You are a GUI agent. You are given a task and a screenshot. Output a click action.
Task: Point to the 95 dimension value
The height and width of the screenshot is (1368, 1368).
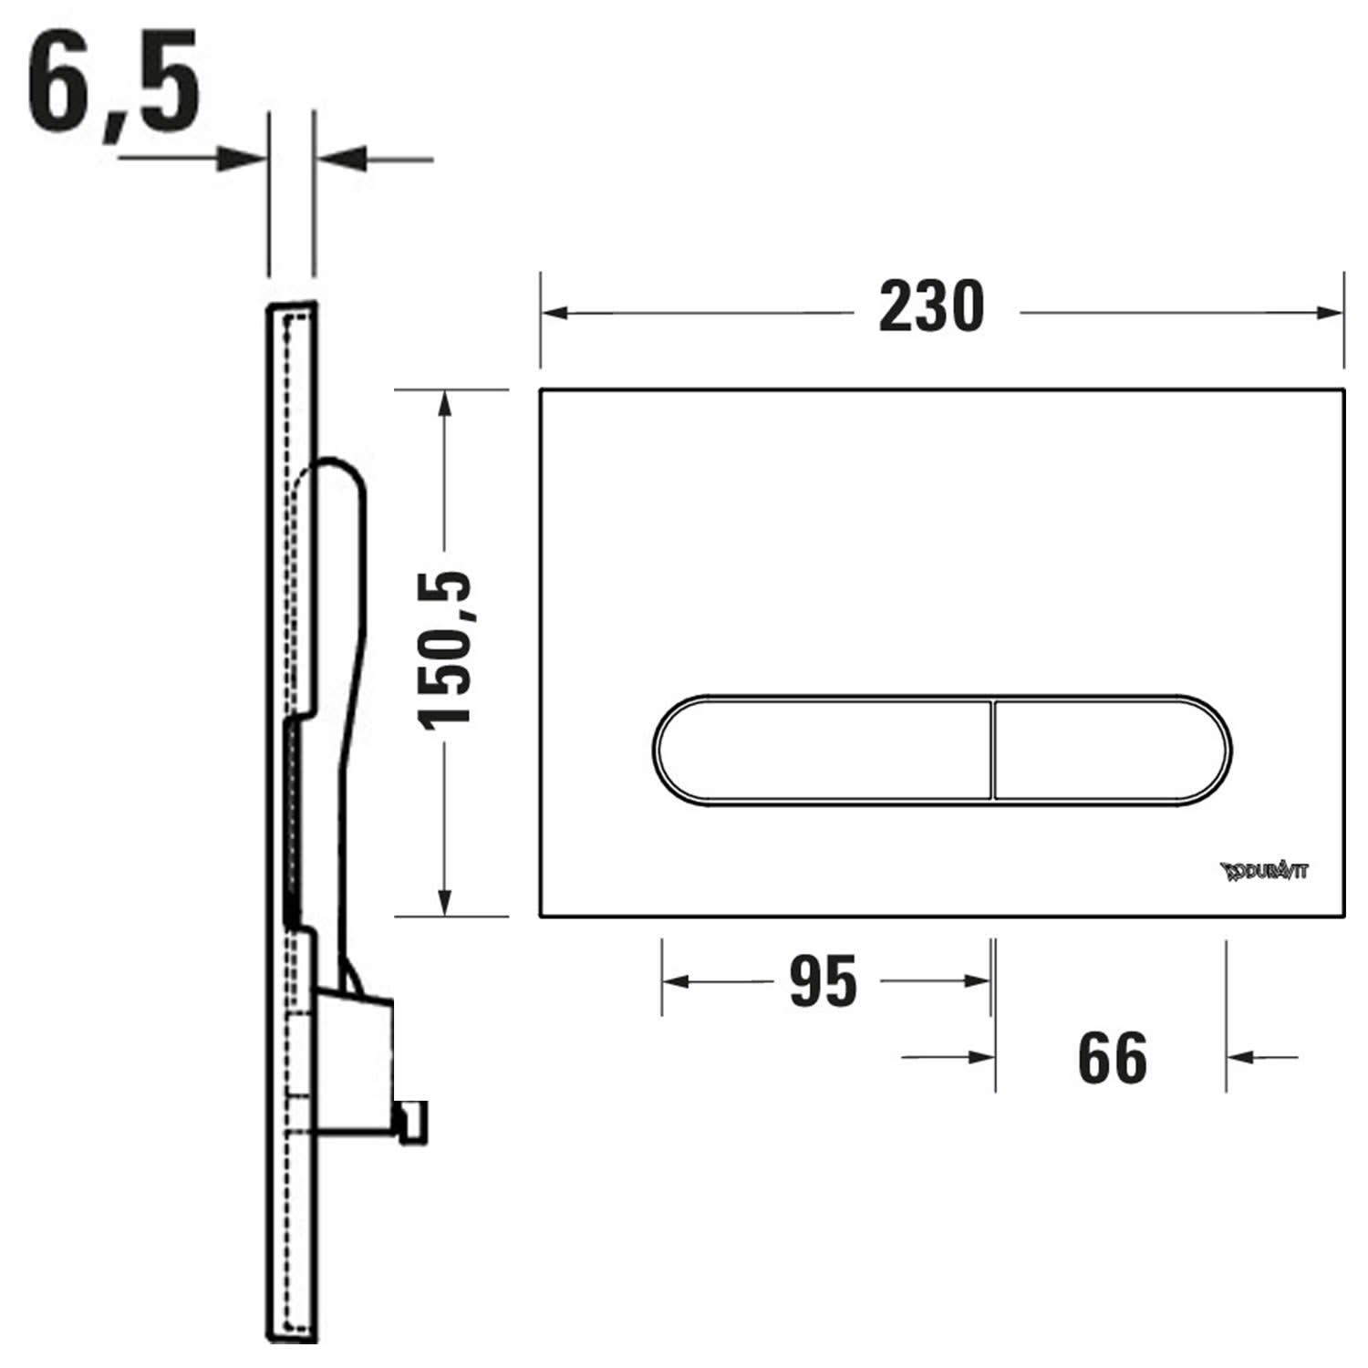(x=823, y=981)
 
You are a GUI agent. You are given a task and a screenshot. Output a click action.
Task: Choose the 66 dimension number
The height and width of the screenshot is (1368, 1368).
(x=1112, y=1058)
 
